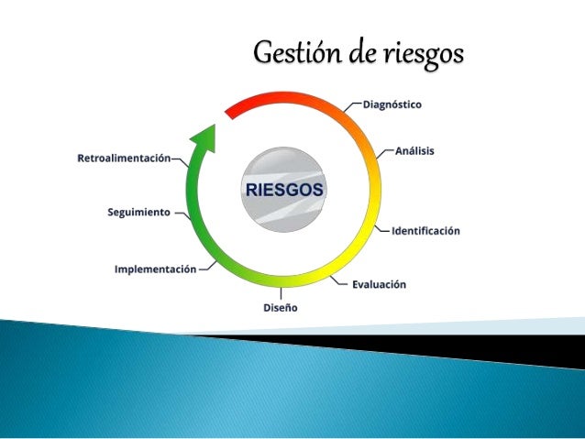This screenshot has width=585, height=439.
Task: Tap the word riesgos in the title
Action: pos(421,55)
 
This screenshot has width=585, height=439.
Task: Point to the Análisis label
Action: pos(415,150)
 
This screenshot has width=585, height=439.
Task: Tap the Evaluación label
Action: pos(379,284)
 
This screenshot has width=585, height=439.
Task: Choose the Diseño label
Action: pos(281,308)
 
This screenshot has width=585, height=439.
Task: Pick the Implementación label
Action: pos(155,269)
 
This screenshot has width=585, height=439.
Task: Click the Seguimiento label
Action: pos(138,212)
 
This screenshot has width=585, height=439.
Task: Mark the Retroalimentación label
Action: pos(124,159)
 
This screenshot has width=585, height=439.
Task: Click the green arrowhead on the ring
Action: pos(204,138)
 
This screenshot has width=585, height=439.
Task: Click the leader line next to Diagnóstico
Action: pos(353,105)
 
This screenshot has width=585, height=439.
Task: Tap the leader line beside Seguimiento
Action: pos(180,214)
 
